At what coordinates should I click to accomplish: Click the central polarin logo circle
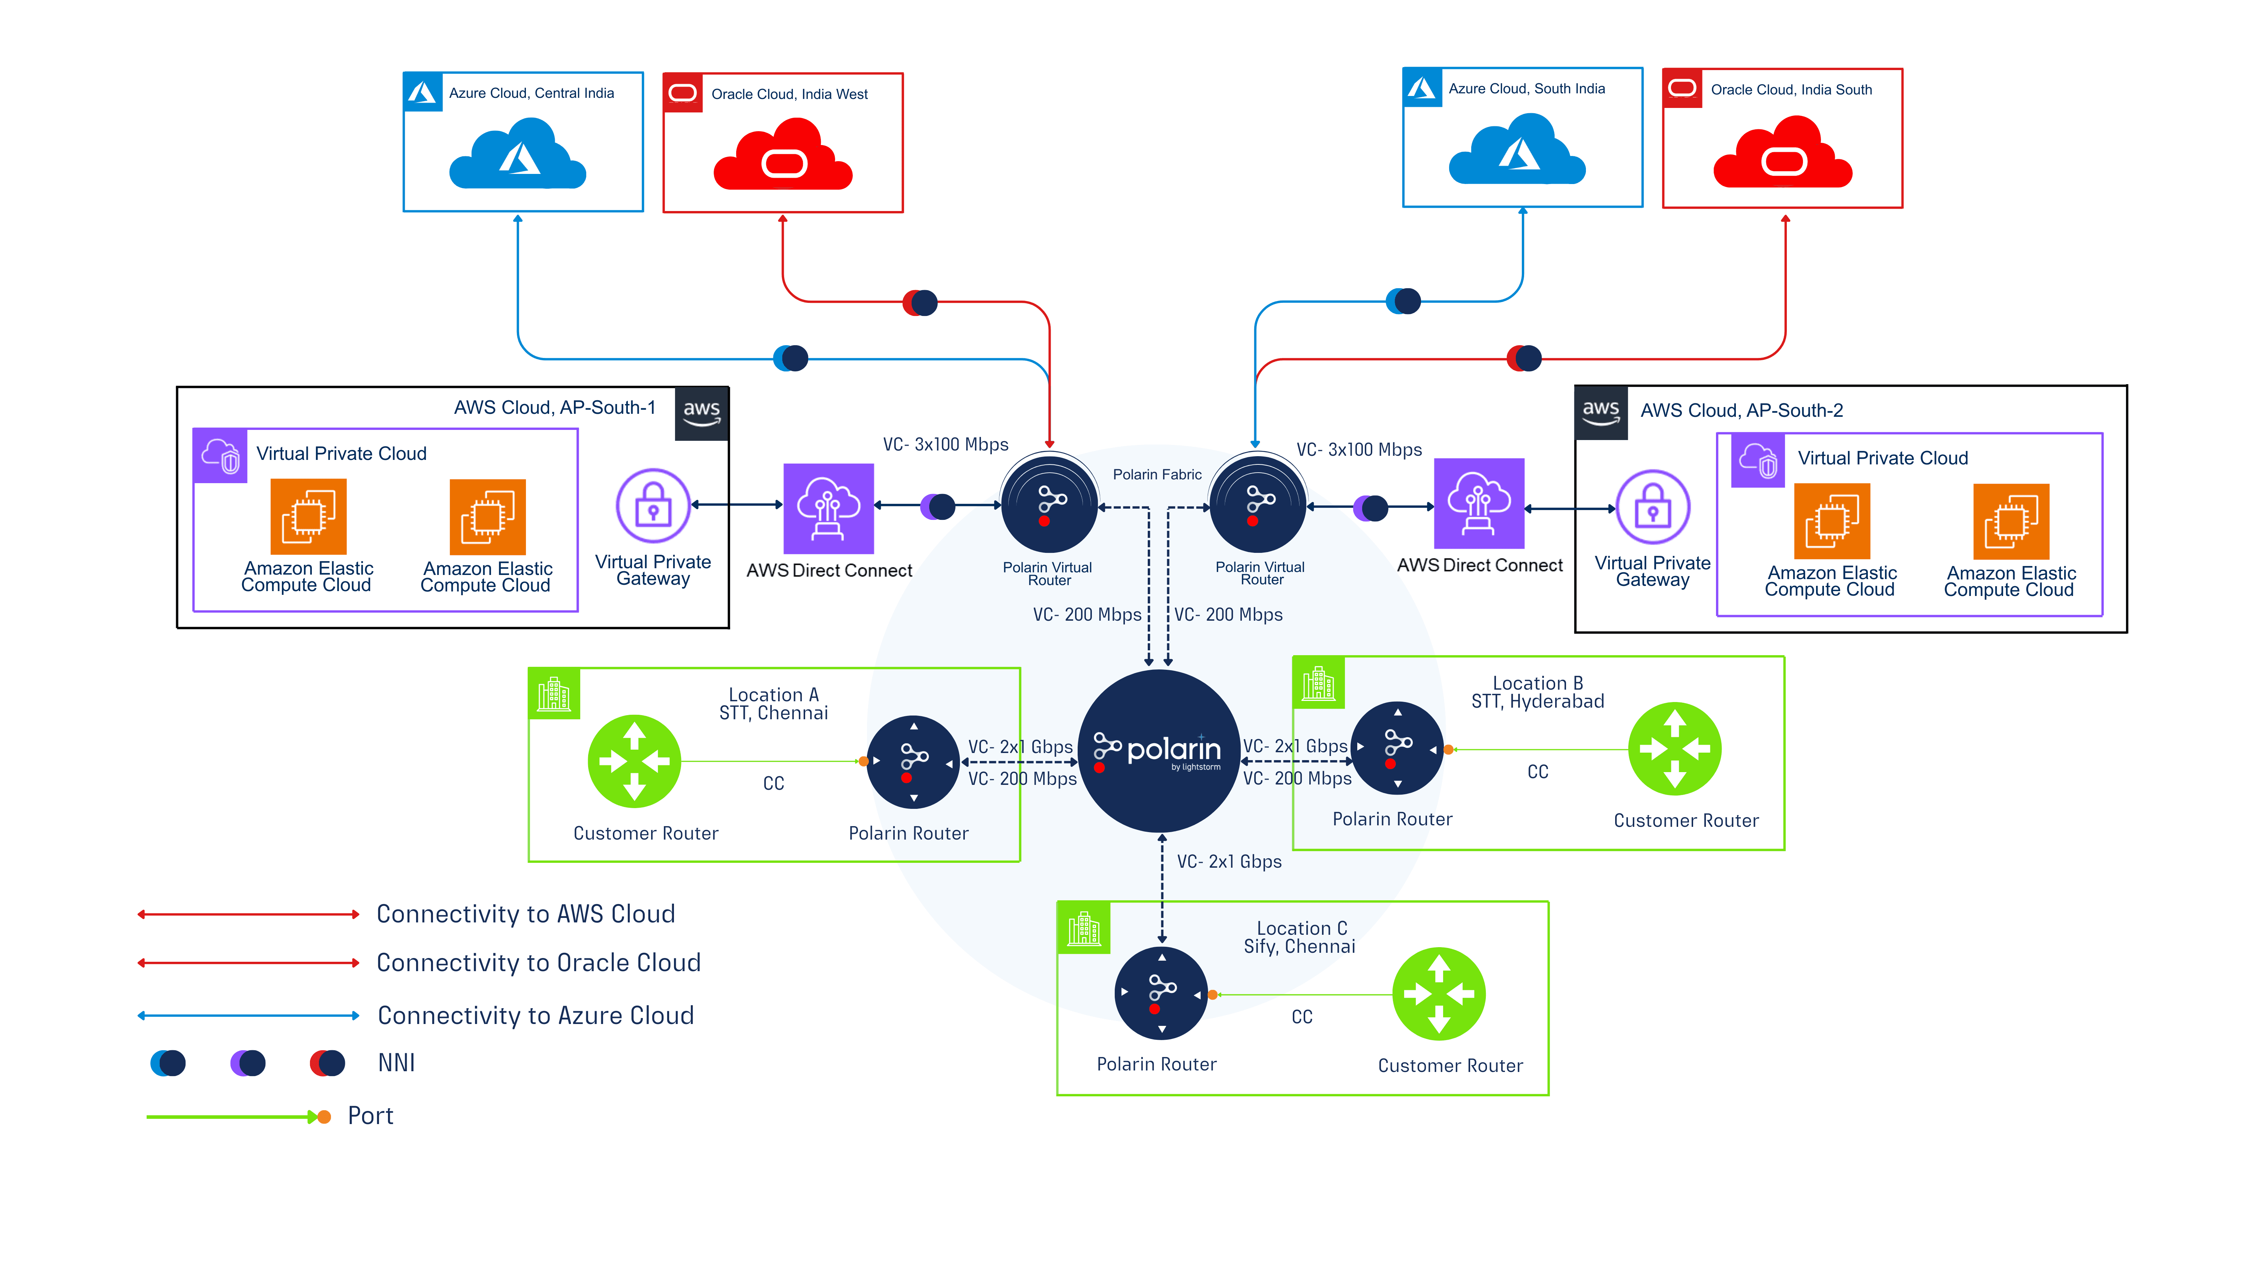coord(1159,751)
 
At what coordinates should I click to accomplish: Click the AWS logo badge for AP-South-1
coord(702,414)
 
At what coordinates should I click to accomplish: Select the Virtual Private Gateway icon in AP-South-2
coord(1653,507)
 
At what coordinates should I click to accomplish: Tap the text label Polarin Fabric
coord(1157,474)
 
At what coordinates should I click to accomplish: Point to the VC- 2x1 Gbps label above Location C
coord(1229,862)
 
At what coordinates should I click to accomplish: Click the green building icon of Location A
coord(554,694)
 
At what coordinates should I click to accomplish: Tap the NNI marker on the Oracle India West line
coord(920,303)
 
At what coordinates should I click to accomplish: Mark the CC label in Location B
coord(1538,772)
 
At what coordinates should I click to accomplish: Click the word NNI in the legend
coord(396,1063)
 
